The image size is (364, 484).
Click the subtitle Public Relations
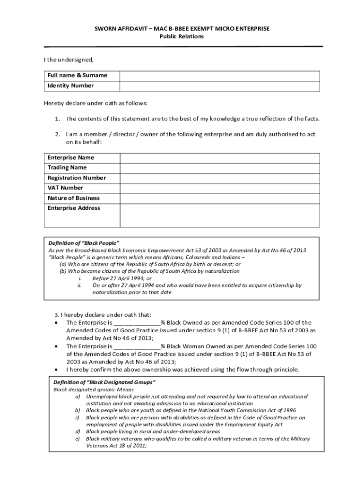point(182,36)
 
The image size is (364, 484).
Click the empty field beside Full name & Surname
point(219,76)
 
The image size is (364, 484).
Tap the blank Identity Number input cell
point(219,86)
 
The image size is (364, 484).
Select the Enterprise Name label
point(71,158)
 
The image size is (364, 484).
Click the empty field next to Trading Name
point(219,168)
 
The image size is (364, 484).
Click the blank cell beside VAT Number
point(219,188)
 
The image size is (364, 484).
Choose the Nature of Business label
point(74,198)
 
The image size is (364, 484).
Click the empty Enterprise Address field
point(219,216)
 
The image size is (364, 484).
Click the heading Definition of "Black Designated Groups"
point(104,382)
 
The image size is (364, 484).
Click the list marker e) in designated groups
point(77,439)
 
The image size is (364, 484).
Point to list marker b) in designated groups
point(77,411)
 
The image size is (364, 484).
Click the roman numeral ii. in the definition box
point(80,285)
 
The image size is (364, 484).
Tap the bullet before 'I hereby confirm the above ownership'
point(57,370)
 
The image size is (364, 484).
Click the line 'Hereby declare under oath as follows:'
point(96,103)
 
